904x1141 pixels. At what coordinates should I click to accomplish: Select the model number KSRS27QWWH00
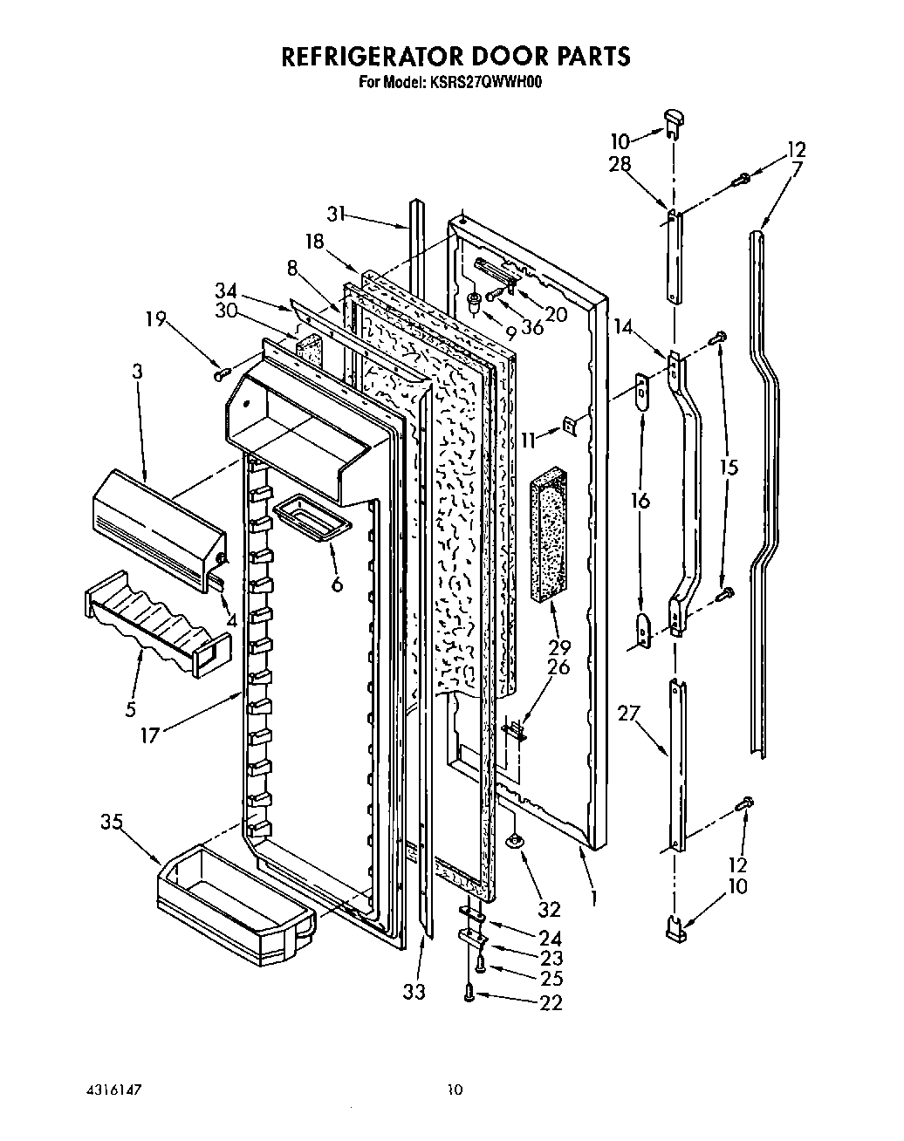point(484,84)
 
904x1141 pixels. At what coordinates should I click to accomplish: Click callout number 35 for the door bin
point(112,822)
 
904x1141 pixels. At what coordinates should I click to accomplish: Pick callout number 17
point(151,734)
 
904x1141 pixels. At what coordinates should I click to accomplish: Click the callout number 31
point(339,213)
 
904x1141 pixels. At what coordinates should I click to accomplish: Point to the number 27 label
point(628,714)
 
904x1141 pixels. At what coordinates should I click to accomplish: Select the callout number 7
point(796,167)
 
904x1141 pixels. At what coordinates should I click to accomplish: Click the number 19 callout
point(157,320)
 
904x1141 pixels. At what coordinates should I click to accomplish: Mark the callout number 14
point(623,328)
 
